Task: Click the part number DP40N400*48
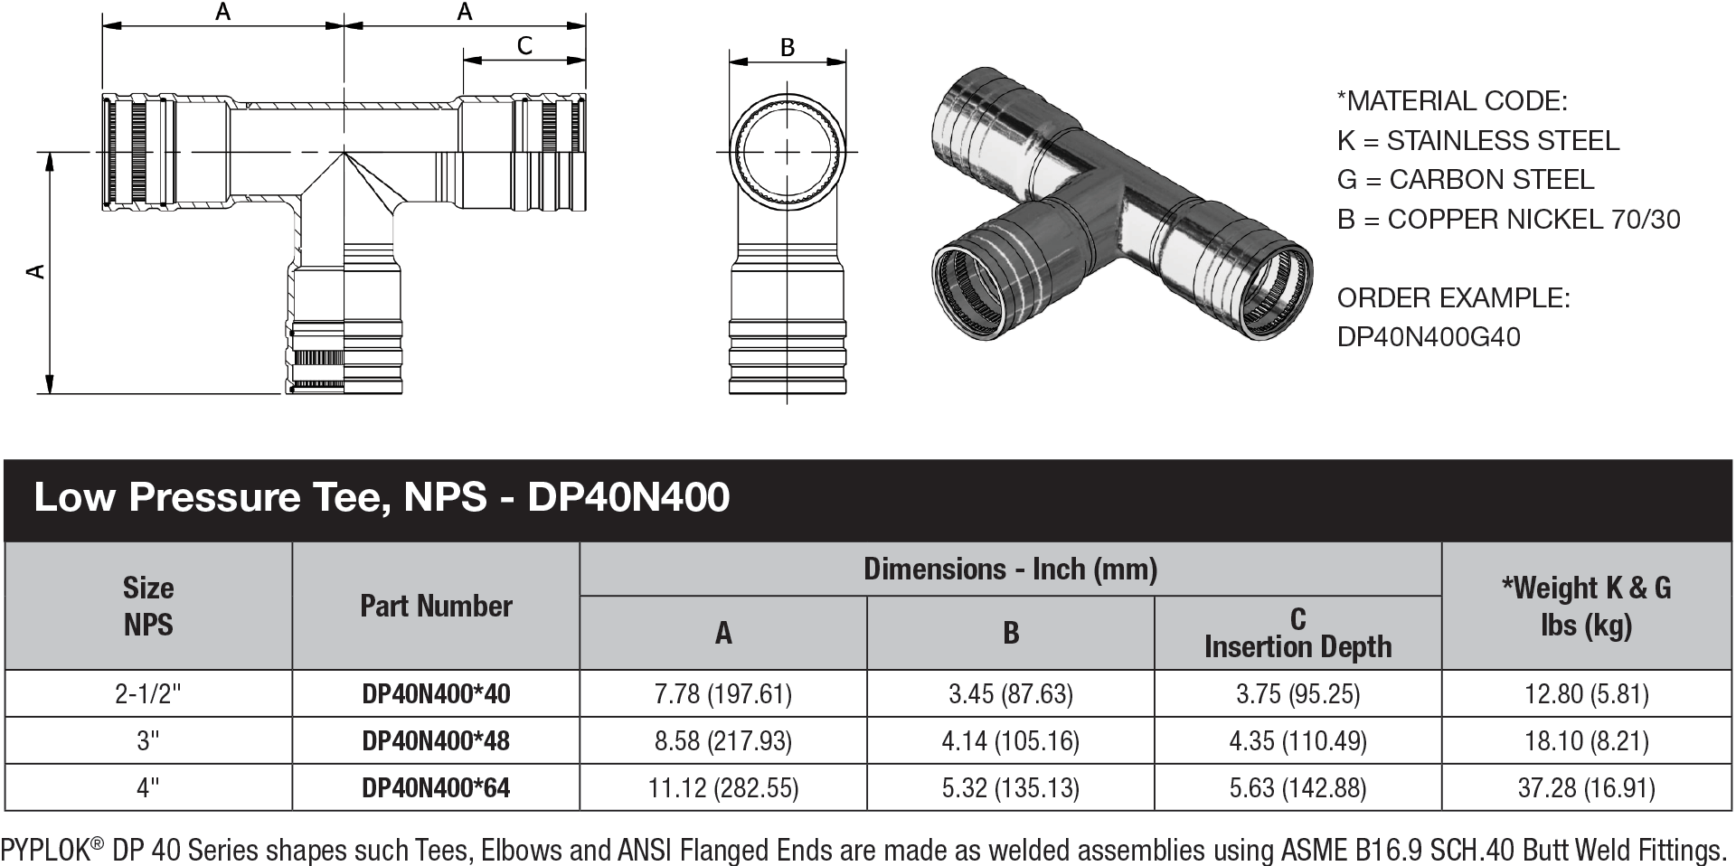436,741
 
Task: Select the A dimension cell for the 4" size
723,788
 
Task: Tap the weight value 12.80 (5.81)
1586,694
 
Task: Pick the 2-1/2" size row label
148,694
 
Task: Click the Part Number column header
436,606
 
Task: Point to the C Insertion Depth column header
1297,633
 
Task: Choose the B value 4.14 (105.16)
1011,741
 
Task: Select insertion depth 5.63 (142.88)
1297,788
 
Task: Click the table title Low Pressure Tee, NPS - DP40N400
382,497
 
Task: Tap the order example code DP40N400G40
1429,337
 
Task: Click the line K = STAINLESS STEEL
1477,140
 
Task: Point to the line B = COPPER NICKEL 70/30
1508,219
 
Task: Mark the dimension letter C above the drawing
524,45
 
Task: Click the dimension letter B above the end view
788,47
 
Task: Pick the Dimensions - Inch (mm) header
1010,569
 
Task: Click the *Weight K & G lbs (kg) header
1586,606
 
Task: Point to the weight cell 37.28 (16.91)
1586,788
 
